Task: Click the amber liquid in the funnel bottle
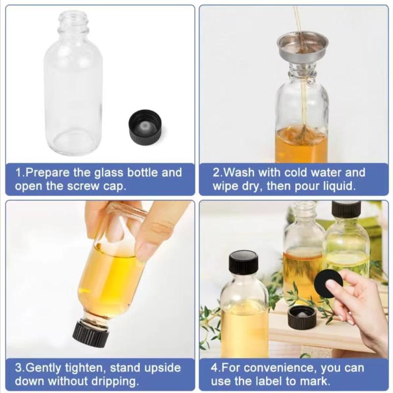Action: (301, 145)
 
